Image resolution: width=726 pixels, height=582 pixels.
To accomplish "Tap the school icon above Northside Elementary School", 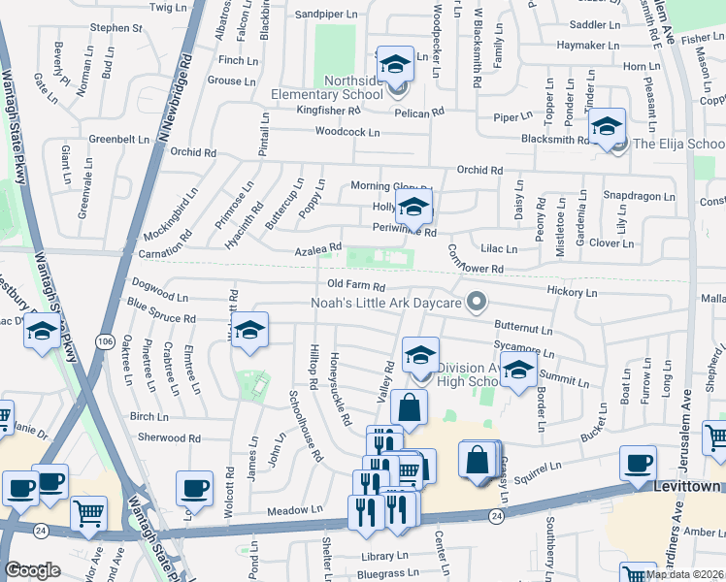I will tap(395, 66).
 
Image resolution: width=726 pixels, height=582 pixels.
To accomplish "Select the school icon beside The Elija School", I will tap(607, 128).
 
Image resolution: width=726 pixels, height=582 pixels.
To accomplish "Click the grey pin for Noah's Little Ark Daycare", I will tap(476, 304).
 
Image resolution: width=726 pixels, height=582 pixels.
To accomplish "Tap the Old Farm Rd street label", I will tap(356, 287).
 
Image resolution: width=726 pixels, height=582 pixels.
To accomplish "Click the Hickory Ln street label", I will tap(572, 291).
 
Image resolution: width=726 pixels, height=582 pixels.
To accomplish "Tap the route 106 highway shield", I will tap(105, 341).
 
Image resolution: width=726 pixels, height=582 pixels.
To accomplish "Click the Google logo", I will tap(32, 570).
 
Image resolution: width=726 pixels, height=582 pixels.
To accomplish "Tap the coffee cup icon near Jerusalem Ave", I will tap(638, 465).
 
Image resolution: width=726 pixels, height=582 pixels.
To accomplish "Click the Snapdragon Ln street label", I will tap(638, 195).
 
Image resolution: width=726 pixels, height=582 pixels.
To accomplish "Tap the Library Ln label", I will tap(381, 557).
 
